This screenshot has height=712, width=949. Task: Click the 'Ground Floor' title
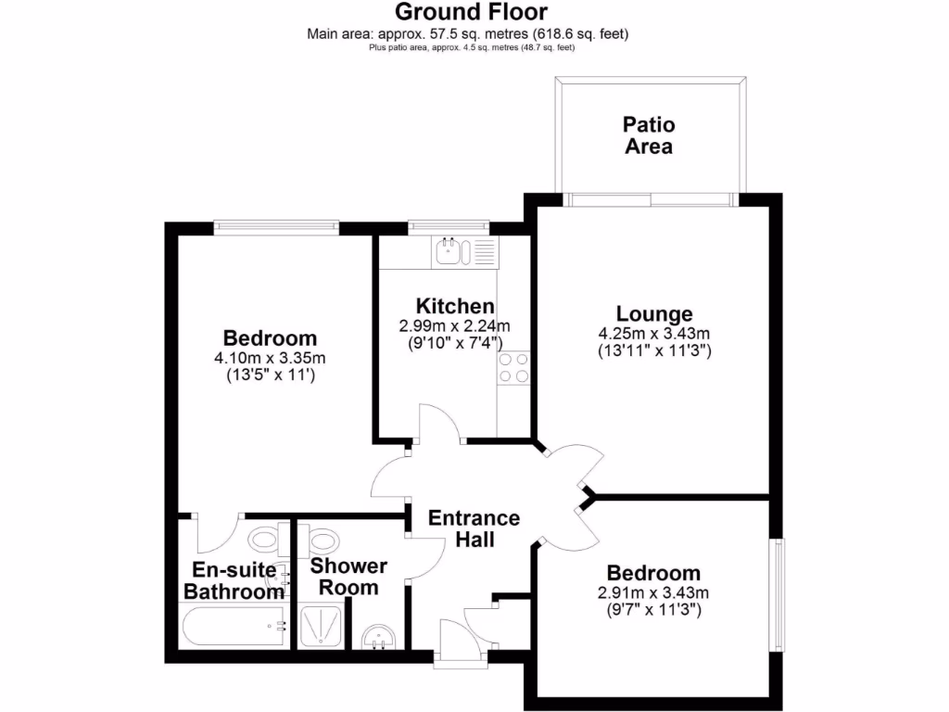click(472, 12)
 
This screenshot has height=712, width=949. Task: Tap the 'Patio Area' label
click(649, 135)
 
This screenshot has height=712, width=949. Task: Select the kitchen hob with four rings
click(513, 369)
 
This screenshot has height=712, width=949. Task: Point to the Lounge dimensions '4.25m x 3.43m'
click(654, 334)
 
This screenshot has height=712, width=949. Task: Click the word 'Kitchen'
click(454, 306)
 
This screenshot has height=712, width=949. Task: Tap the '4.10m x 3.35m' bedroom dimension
click(270, 359)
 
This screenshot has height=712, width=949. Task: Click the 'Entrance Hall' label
click(474, 528)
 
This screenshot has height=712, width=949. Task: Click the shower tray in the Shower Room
click(322, 627)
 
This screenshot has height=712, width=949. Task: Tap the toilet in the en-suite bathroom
click(264, 538)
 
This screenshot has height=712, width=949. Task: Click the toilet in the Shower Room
click(323, 538)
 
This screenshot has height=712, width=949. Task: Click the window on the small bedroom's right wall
click(779, 594)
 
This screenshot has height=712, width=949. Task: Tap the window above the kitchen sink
click(449, 225)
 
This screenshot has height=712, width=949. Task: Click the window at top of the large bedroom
click(275, 225)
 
